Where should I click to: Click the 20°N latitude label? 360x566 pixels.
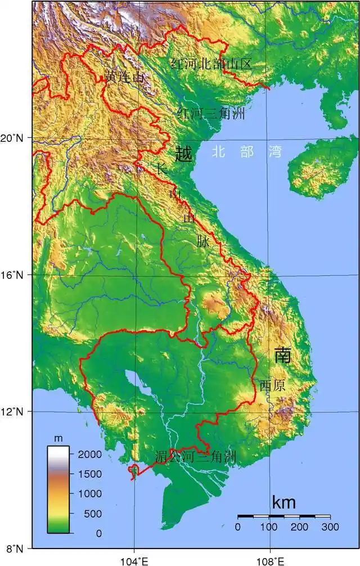[15, 138]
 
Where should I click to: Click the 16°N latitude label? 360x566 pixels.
[15, 275]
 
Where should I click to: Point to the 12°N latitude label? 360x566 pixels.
[15, 411]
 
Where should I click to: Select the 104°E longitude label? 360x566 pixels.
[134, 560]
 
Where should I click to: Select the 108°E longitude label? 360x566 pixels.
[270, 560]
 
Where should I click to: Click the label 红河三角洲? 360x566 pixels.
[211, 114]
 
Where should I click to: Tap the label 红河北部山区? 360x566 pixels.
[211, 64]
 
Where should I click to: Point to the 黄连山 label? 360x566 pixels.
[124, 77]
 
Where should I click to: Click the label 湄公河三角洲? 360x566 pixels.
[195, 456]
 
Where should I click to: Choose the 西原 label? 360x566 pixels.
[272, 385]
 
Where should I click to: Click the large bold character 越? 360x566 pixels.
[184, 154]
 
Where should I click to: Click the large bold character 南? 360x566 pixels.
[282, 355]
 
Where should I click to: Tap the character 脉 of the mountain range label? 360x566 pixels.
[203, 241]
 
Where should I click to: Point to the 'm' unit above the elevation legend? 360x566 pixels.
[58, 438]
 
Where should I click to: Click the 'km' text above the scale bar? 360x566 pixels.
[283, 502]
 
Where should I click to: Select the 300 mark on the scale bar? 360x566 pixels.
[330, 527]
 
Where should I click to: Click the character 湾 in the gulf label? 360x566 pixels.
[275, 151]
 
